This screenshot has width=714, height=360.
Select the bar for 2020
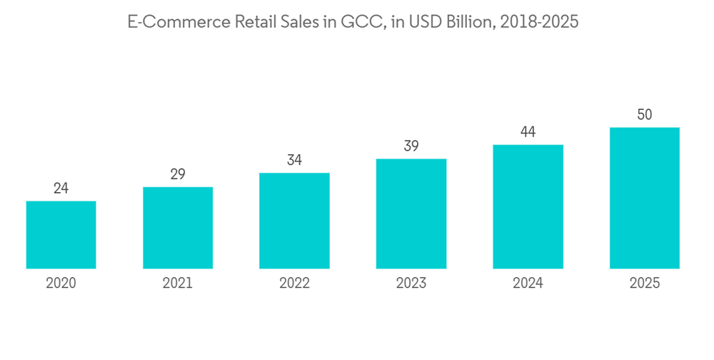(x=61, y=234)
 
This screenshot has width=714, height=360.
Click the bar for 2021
(x=178, y=227)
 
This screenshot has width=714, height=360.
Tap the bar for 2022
(x=294, y=220)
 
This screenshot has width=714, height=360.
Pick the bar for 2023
(x=411, y=213)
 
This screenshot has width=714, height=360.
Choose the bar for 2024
(x=528, y=206)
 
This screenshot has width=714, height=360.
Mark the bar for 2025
(x=645, y=198)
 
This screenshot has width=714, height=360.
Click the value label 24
(x=61, y=189)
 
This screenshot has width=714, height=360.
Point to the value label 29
(x=178, y=174)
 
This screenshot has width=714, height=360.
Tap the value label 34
(x=294, y=160)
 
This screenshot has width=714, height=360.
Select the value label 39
(x=411, y=146)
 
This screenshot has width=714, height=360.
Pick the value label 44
(x=528, y=132)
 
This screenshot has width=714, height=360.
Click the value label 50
(x=645, y=115)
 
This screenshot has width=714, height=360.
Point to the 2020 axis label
(x=61, y=284)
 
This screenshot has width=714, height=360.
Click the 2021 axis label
(x=178, y=284)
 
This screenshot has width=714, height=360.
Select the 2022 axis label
(x=294, y=284)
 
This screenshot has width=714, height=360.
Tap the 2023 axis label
(x=411, y=284)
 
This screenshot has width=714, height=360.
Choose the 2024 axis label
(x=528, y=284)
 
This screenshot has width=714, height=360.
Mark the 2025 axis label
(x=645, y=284)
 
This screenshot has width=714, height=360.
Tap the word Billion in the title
(x=468, y=22)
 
